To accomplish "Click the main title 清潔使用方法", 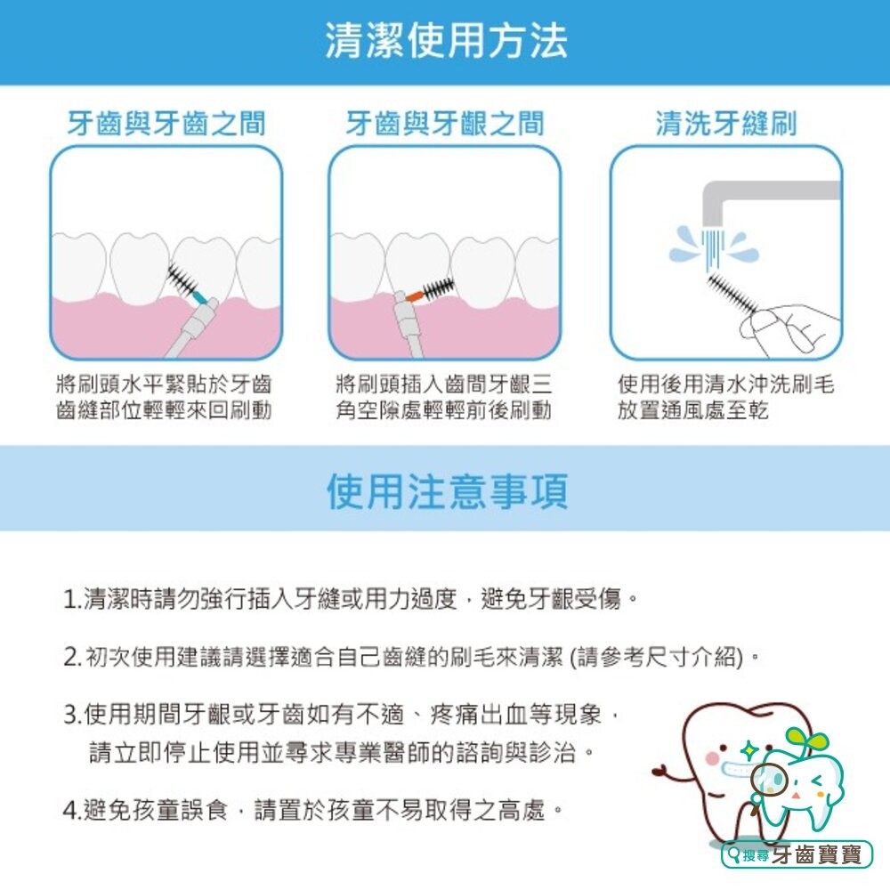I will pos(445,42).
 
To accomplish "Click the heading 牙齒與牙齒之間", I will pos(166,124).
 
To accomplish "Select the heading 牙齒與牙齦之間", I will pos(444,124).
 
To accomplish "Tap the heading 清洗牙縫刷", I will pos(725,124).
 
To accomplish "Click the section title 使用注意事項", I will pos(445,491).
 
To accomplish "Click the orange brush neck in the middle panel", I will pos(412,293).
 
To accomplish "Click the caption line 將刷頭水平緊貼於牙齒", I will pos(164,384).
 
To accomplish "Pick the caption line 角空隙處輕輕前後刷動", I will pos(443,410).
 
